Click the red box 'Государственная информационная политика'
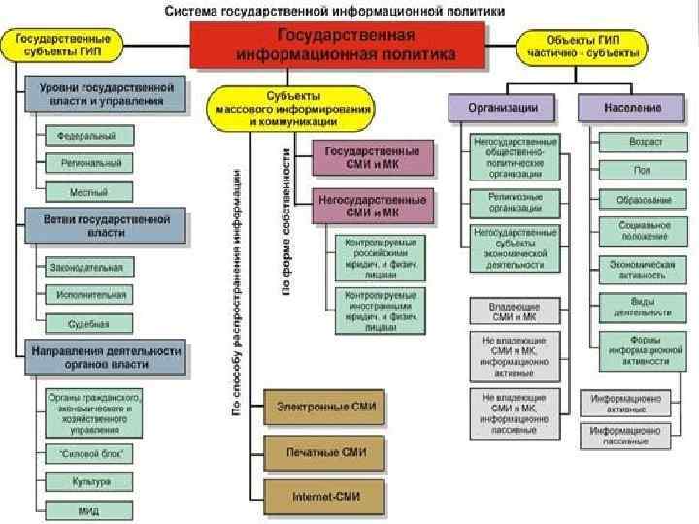337,46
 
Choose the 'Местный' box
88,192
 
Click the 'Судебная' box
87,323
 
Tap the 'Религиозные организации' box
516,201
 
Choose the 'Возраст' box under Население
645,142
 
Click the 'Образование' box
644,200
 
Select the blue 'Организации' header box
504,108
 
